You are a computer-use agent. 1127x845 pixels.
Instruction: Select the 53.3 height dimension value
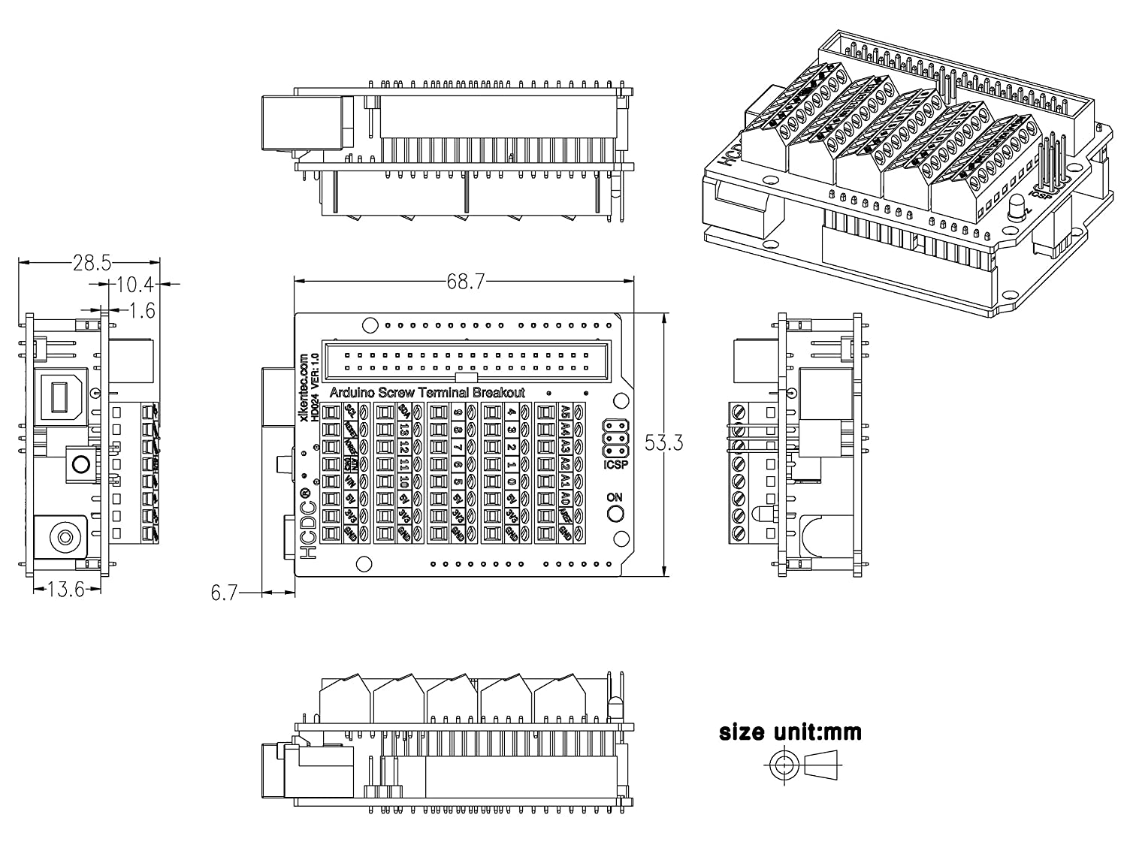[x=663, y=443]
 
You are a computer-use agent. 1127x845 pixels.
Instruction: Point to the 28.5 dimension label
[x=92, y=262]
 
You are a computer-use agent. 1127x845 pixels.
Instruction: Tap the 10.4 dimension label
[x=135, y=285]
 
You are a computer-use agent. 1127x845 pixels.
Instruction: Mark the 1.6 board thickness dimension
[x=142, y=309]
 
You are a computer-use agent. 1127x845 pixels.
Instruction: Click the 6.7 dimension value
[x=224, y=593]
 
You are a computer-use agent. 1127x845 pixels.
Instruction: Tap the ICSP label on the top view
[x=615, y=466]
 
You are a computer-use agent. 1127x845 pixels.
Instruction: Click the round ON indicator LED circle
[x=615, y=515]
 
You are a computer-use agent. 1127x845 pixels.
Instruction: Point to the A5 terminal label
[x=565, y=411]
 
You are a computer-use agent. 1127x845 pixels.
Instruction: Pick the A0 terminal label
[x=565, y=497]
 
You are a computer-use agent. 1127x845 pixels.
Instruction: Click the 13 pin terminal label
[x=404, y=429]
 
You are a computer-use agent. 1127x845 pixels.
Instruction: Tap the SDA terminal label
[x=404, y=411]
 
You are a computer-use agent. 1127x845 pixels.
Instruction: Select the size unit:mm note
[x=790, y=732]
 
